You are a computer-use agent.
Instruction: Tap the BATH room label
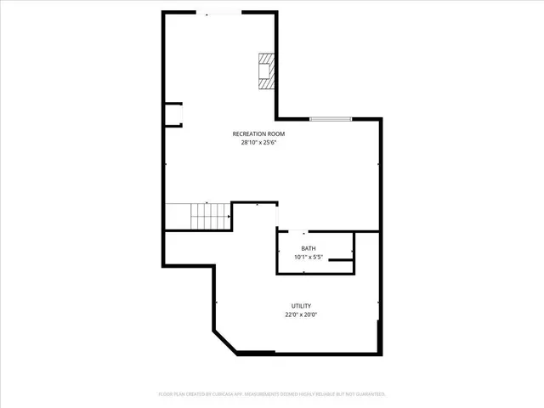coord(308,248)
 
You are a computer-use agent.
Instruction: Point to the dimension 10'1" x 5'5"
coord(308,257)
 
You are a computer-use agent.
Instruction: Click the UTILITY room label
coord(301,306)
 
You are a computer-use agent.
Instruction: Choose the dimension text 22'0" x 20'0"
coord(301,314)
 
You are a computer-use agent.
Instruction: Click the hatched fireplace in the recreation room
coord(268,72)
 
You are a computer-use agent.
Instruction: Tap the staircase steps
coord(200,217)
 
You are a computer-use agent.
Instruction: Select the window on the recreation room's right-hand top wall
coord(331,119)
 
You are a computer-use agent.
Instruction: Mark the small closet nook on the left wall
coord(173,115)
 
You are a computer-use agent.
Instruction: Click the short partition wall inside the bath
coord(341,258)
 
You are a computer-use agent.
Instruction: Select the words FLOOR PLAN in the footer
coord(175,394)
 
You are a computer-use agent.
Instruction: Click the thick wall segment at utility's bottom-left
coord(256,352)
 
